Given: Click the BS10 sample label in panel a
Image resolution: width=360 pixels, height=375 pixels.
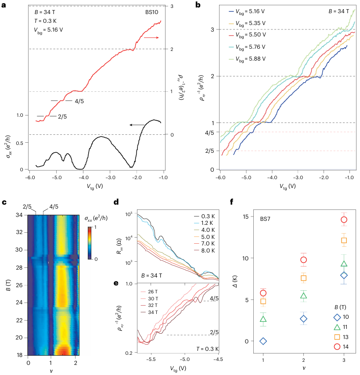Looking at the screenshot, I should click(152, 12).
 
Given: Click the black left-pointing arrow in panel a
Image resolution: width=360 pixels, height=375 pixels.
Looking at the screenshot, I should click(137, 125).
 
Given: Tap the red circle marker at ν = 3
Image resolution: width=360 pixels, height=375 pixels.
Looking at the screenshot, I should click(344, 220).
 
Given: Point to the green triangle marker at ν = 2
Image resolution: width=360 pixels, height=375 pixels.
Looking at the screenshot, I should click(303, 296).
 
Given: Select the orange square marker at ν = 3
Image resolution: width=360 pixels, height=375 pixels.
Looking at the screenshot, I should click(344, 240).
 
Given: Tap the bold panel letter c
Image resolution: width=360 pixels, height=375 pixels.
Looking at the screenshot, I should click(4, 202).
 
